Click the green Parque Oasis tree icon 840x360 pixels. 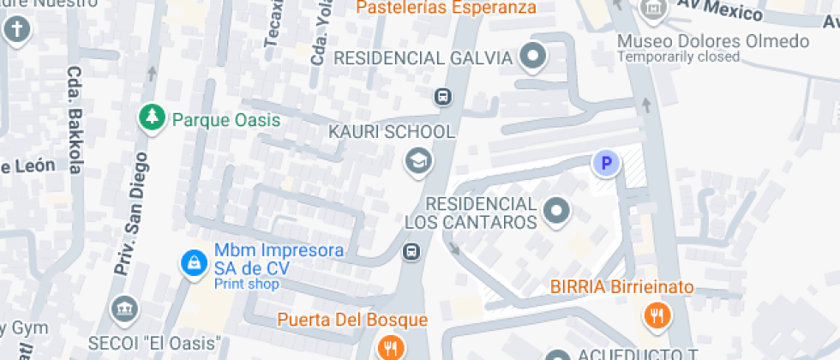[x=152, y=118]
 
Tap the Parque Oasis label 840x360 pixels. [x=226, y=119]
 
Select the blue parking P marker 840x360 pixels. [x=606, y=163]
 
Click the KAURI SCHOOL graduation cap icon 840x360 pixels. [x=418, y=160]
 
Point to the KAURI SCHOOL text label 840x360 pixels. [x=392, y=132]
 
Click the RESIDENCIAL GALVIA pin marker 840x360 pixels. [x=535, y=57]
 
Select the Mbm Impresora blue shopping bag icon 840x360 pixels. [x=194, y=261]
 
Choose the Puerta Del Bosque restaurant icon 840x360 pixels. [x=389, y=347]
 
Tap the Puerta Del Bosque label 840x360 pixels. [x=351, y=321]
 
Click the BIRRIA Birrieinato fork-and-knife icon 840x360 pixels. [x=656, y=315]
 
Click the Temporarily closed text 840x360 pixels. [x=678, y=57]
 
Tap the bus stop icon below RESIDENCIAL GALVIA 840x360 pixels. [x=442, y=95]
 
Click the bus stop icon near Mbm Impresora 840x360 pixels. [x=411, y=251]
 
